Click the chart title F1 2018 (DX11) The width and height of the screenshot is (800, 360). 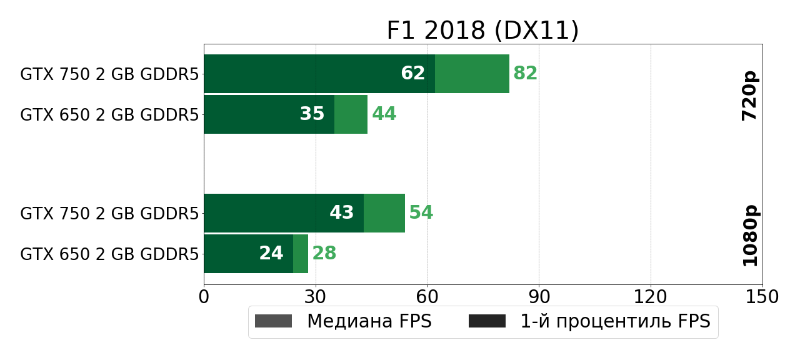pyautogui.click(x=482, y=31)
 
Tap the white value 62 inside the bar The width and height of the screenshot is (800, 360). pyautogui.click(x=413, y=74)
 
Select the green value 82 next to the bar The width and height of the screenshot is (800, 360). pyautogui.click(x=525, y=74)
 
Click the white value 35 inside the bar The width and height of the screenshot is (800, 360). pyautogui.click(x=312, y=114)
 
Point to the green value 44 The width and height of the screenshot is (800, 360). pyautogui.click(x=384, y=114)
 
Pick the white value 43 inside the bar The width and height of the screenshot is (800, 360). pyautogui.click(x=342, y=213)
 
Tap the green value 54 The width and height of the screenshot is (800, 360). pyautogui.click(x=421, y=213)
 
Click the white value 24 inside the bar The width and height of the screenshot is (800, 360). pyautogui.click(x=271, y=254)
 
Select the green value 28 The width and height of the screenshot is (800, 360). pyautogui.click(x=324, y=254)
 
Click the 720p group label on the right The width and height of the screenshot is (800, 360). pyautogui.click(x=749, y=96)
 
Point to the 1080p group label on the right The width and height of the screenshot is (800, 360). pyautogui.click(x=749, y=235)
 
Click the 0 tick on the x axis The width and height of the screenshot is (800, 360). pyautogui.click(x=204, y=297)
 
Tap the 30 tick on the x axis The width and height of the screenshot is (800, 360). pyautogui.click(x=316, y=297)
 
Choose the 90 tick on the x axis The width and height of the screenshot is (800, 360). pyautogui.click(x=539, y=297)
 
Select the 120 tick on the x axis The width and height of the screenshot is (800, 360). pyautogui.click(x=651, y=297)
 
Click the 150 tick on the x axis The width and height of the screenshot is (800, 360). pyautogui.click(x=762, y=297)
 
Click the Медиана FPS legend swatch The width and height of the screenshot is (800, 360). pyautogui.click(x=273, y=321)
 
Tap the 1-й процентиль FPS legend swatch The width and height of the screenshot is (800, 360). pyautogui.click(x=487, y=321)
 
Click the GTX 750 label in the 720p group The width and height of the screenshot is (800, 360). pyautogui.click(x=109, y=74)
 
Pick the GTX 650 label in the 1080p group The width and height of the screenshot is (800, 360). pyautogui.click(x=109, y=254)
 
